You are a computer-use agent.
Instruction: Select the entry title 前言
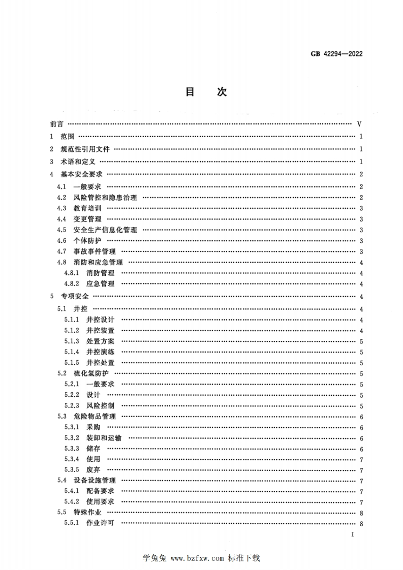click(x=57, y=124)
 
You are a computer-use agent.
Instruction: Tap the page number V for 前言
click(x=359, y=124)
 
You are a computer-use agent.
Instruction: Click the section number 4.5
click(x=62, y=230)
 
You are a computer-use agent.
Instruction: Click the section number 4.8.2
click(x=72, y=284)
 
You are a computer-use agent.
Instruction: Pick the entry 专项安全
click(x=75, y=297)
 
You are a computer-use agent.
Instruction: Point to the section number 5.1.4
click(x=72, y=352)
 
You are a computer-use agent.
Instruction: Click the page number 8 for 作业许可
click(x=360, y=524)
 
